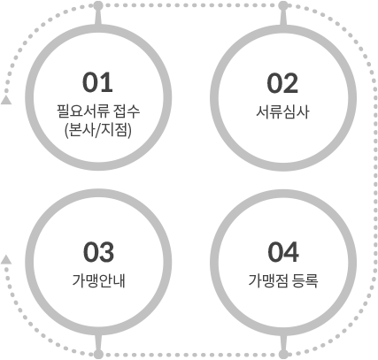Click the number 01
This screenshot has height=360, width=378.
click(x=97, y=82)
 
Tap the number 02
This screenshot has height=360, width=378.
click(x=282, y=83)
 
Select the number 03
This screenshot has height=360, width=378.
click(x=98, y=252)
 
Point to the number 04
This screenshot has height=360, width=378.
click(x=283, y=252)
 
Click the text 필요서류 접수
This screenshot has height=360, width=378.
click(x=98, y=111)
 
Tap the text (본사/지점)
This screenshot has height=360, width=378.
click(x=98, y=130)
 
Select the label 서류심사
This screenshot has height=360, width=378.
click(x=282, y=112)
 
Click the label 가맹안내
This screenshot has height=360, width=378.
click(x=98, y=280)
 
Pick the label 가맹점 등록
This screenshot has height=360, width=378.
click(x=283, y=280)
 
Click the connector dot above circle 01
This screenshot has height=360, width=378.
click(x=98, y=5)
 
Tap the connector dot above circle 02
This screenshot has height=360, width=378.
click(x=283, y=5)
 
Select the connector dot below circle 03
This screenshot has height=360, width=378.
click(x=98, y=355)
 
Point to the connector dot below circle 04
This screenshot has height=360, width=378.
click(x=283, y=355)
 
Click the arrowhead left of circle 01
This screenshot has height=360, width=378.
click(x=6, y=100)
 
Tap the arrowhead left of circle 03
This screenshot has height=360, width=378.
click(x=6, y=259)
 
